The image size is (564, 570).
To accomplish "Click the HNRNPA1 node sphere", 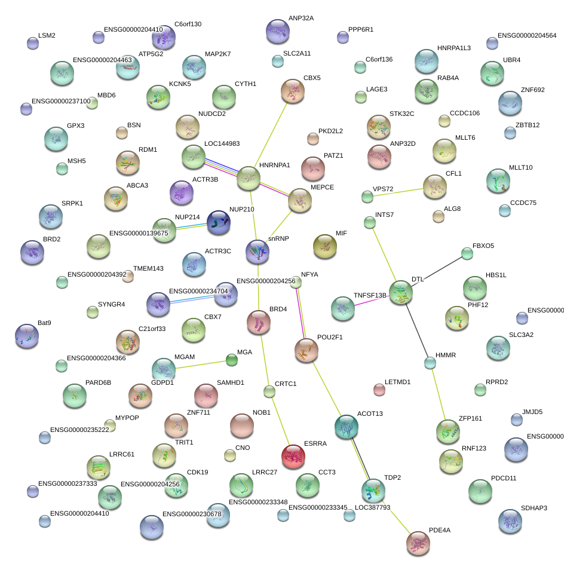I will point(249,179).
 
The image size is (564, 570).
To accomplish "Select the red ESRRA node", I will point(293,456).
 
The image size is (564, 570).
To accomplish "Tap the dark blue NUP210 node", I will point(219,222).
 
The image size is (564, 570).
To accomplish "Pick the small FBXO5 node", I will point(467,253).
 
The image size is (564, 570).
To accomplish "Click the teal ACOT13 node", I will point(347,426).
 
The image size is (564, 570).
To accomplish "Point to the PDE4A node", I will point(418,543).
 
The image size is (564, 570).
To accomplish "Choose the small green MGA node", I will point(231,360).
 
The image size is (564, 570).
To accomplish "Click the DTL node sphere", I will point(400,293).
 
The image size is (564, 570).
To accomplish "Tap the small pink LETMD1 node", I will point(379,390).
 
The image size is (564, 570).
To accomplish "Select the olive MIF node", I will point(325,246).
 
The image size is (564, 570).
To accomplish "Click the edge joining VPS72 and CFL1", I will point(397,191).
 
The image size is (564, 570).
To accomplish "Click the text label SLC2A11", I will point(297,54).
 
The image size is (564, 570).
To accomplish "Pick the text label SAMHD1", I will point(231,382).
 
